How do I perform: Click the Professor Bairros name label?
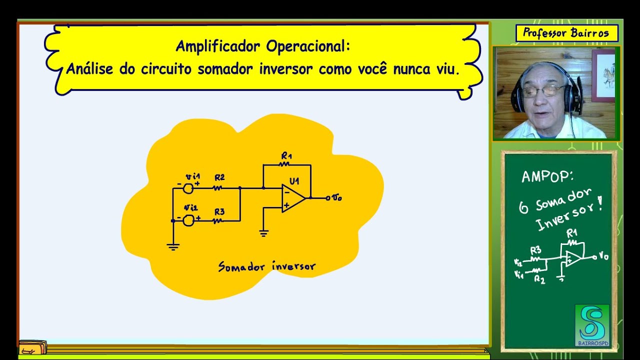click(x=566, y=33)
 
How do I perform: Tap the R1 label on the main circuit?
click(x=286, y=156)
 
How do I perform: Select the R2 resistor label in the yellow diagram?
click(x=219, y=177)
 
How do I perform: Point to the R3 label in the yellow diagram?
click(x=219, y=211)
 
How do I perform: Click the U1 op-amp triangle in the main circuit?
click(x=293, y=197)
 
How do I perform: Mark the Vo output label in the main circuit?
click(x=337, y=198)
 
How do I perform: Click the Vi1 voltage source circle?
click(x=188, y=188)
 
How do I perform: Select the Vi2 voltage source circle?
click(x=188, y=220)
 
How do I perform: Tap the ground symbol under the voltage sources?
click(x=173, y=245)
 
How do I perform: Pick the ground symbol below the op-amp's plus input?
click(x=264, y=232)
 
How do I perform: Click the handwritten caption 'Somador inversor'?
click(x=267, y=266)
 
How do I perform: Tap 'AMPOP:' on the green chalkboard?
click(x=547, y=176)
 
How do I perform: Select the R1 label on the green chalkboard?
click(x=571, y=233)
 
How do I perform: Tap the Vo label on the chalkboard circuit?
click(x=603, y=256)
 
